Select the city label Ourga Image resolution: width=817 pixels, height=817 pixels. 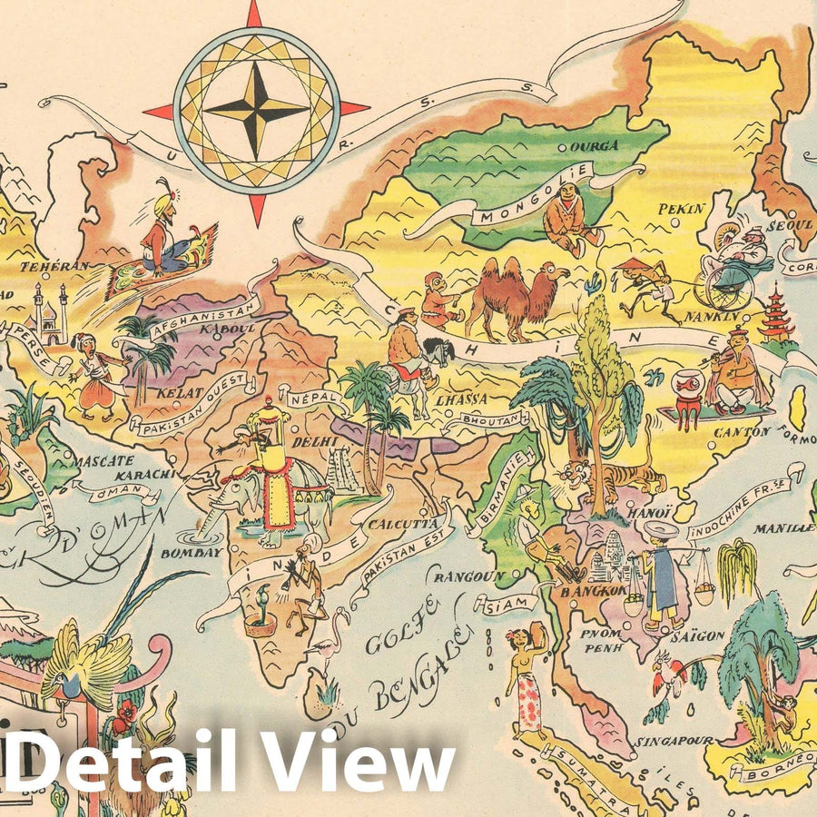(x=595, y=145)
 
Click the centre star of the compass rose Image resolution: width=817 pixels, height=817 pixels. (x=256, y=110)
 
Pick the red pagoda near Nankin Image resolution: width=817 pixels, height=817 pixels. (x=776, y=313)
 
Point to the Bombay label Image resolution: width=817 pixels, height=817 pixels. (x=191, y=552)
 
